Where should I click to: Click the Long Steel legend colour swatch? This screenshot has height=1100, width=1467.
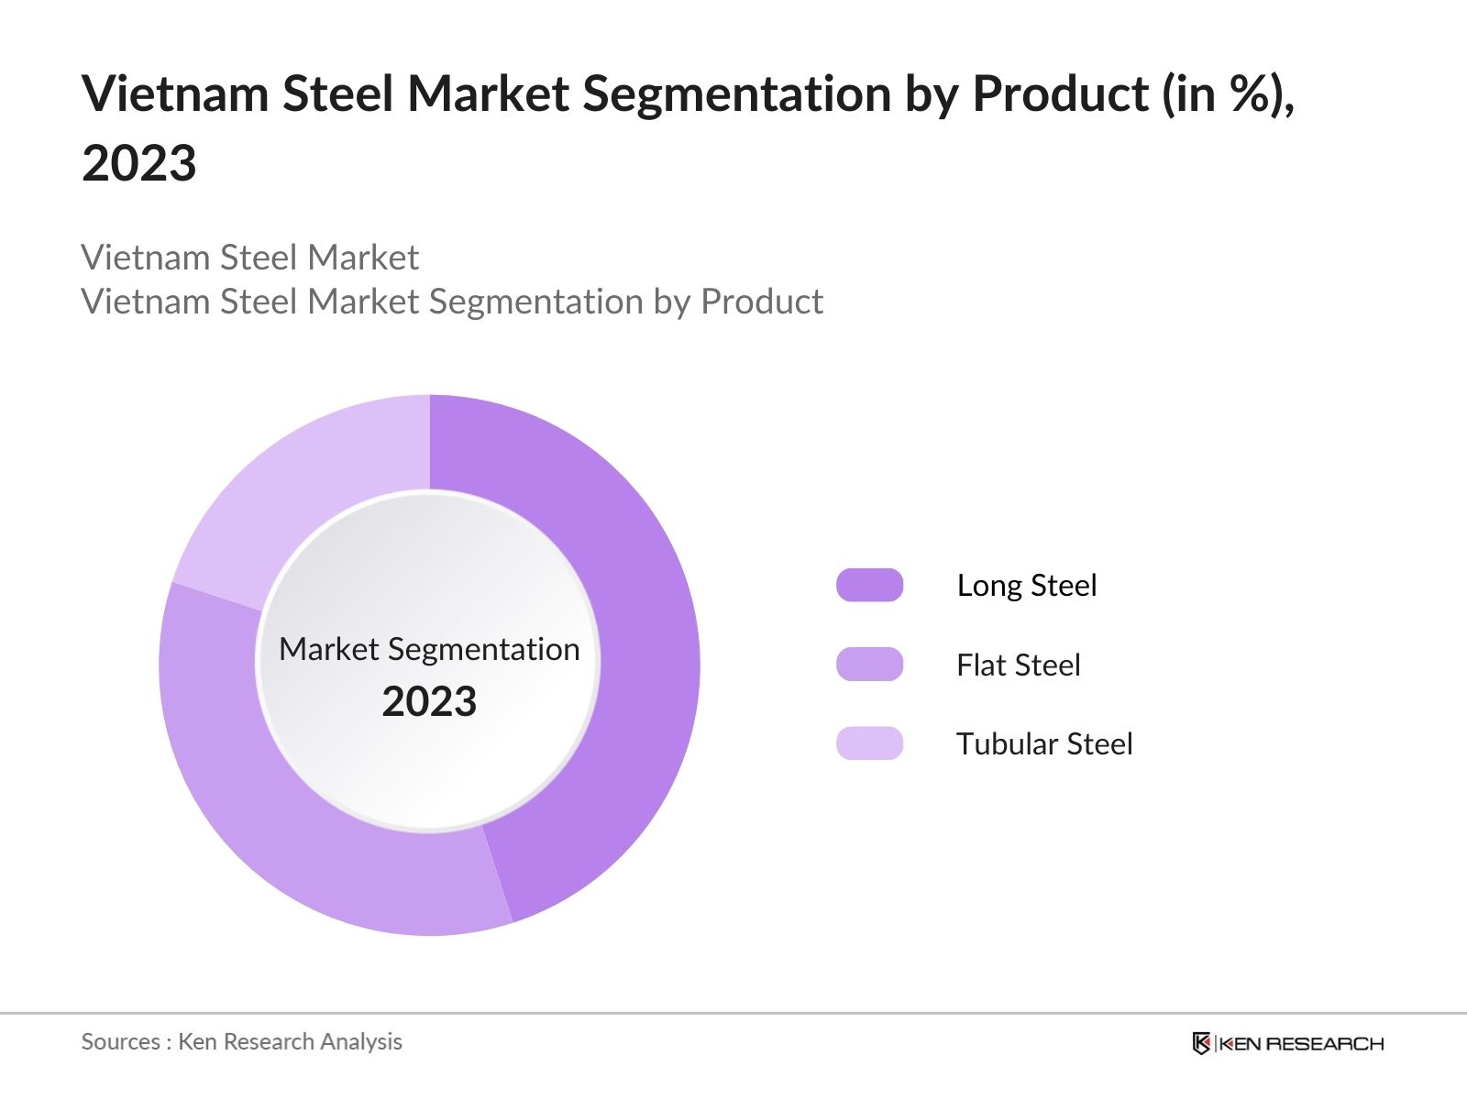tap(869, 585)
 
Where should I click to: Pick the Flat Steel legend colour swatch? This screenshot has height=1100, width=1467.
tap(869, 665)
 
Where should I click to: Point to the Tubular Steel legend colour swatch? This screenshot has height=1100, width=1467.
tap(869, 743)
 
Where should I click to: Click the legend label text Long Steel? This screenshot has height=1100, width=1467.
tap(1026, 585)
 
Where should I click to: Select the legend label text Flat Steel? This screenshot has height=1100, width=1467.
tap(1018, 665)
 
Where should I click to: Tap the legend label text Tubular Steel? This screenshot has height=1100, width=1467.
tap(1044, 743)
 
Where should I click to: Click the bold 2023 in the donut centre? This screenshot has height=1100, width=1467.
tap(429, 702)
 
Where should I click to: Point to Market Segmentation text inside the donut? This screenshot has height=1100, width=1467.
tap(429, 649)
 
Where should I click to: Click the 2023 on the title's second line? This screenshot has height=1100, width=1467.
tap(139, 163)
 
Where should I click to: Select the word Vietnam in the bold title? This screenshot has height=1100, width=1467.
tap(174, 93)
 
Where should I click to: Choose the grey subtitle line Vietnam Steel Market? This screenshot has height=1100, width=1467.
tap(249, 258)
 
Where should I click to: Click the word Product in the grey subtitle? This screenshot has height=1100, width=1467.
tap(761, 302)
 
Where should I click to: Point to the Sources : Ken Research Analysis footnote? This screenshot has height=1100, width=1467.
tap(241, 1041)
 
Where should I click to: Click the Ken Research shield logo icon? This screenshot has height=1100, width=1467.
tap(1201, 1043)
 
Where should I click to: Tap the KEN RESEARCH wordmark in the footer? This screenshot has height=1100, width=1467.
tap(1300, 1043)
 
